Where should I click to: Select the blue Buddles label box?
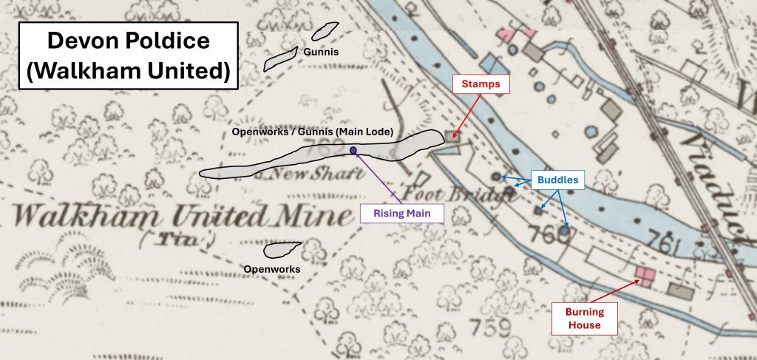click(557, 180)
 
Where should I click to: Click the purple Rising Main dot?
click(354, 151)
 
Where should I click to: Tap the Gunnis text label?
click(320, 52)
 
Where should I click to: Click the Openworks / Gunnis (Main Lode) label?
click(312, 132)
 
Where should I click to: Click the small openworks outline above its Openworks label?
click(282, 250)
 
